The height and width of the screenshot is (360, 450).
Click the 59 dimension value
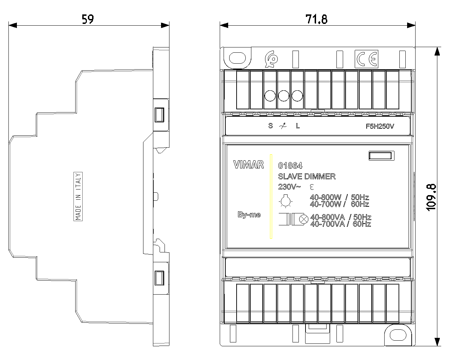click(88, 19)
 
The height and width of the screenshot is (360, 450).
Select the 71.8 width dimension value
click(316, 19)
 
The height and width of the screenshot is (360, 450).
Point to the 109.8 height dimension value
click(431, 198)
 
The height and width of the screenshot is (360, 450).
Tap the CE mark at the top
click(366, 59)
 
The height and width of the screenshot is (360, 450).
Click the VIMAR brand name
click(249, 165)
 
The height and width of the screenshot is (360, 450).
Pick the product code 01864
click(290, 166)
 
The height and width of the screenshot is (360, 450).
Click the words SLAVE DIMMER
click(307, 176)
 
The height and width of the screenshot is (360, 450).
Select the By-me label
click(249, 214)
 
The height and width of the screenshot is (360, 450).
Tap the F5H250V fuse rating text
click(380, 126)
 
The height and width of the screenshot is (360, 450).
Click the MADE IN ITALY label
click(78, 197)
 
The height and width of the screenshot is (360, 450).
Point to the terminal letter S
click(271, 126)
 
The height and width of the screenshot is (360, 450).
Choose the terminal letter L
click(298, 126)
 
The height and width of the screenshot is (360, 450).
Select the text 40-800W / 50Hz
click(339, 197)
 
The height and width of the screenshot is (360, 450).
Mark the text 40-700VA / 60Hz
click(341, 224)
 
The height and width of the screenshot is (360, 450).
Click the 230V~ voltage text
click(289, 187)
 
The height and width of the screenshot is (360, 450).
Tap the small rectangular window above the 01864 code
click(381, 156)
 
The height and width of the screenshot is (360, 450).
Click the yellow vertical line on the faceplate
click(271, 197)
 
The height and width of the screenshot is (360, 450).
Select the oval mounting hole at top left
click(237, 58)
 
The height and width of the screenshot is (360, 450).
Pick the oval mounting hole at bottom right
click(398, 335)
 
